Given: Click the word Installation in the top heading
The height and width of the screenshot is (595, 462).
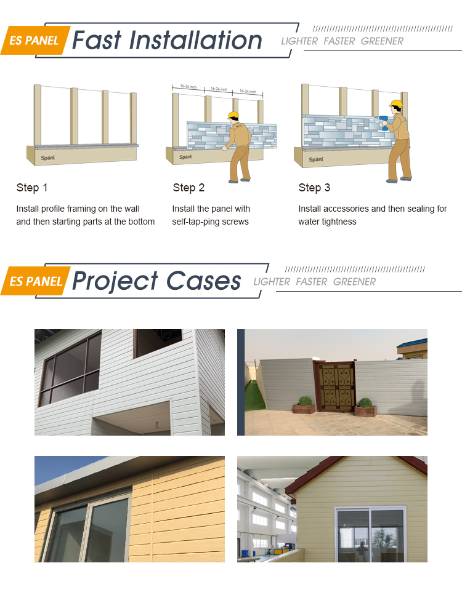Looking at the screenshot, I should tap(196, 41).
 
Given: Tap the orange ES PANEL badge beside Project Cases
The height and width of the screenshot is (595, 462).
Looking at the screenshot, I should tap(36, 282).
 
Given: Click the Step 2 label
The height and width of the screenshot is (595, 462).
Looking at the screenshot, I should tap(188, 188).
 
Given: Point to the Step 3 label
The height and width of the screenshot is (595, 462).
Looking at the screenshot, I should tap(314, 188).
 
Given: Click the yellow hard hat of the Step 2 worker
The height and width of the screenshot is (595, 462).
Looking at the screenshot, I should tap(233, 115).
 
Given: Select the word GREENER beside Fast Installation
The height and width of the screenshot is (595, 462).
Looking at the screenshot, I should tap(382, 41).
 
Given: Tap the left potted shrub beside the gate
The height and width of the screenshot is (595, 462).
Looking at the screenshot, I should tap(306, 404).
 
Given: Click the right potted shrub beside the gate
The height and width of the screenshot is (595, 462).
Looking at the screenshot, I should tap(366, 405).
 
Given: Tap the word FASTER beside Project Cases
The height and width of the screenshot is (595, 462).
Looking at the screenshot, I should tap(311, 282).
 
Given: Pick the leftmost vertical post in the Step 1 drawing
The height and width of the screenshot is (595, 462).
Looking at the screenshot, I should tap(38, 115).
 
